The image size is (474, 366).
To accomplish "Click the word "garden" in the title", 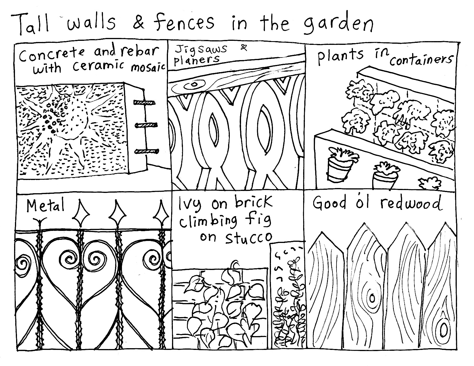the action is [x=338, y=25].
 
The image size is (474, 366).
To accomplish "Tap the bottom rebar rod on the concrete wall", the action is [x=147, y=151].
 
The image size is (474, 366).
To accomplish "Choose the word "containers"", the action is [x=421, y=60].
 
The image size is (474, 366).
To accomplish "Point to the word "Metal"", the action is [x=45, y=205].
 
